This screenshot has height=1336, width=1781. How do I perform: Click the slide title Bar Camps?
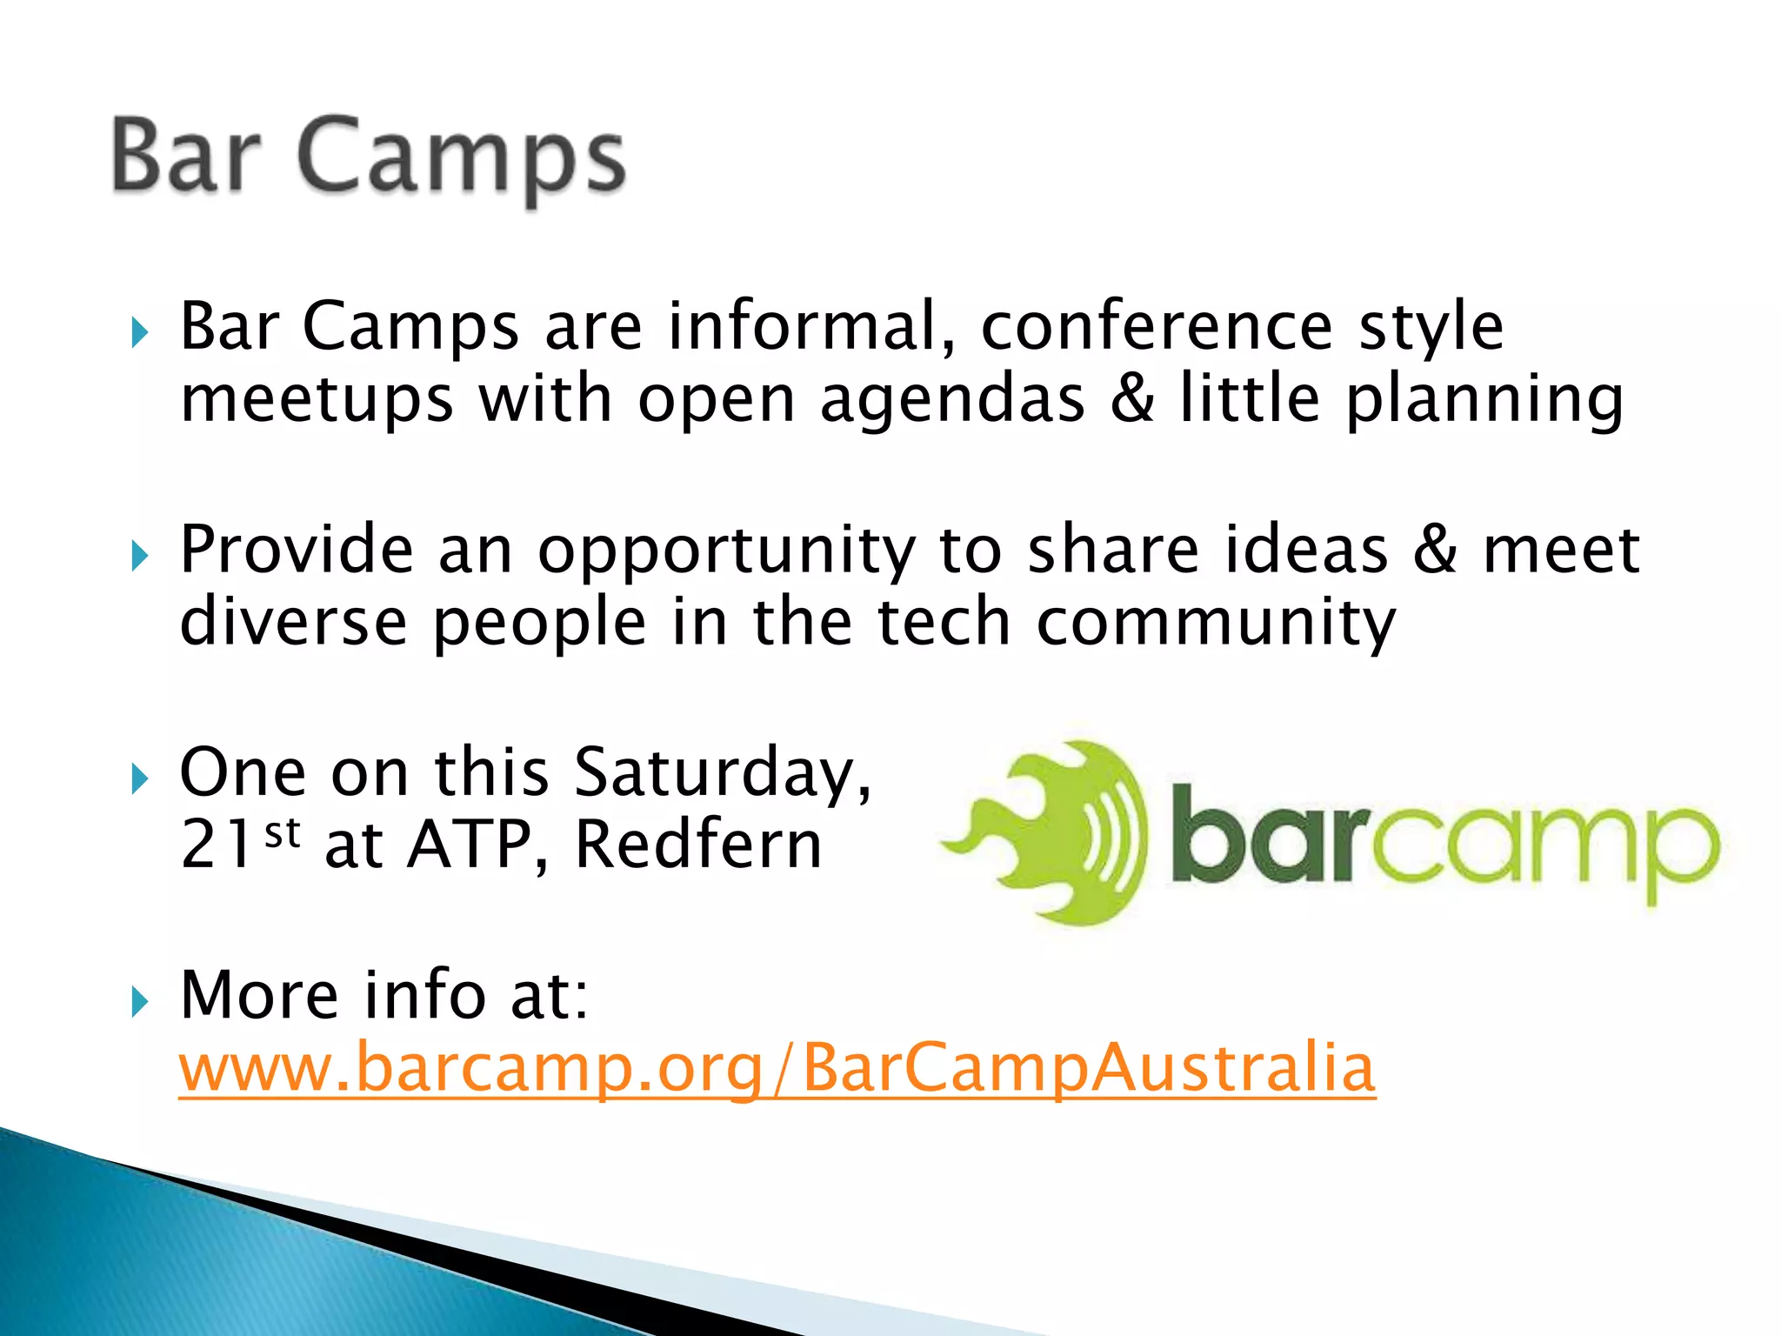[369, 157]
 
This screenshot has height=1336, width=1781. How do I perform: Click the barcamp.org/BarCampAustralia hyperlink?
[777, 1068]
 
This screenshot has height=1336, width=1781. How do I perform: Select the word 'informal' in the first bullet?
[810, 326]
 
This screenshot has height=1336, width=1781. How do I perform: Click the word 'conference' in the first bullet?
[1157, 326]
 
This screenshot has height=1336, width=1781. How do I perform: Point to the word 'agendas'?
[952, 400]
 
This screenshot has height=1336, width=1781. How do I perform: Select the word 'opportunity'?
[726, 552]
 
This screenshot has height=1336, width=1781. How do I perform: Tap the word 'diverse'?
[293, 623]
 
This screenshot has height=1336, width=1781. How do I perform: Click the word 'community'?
[1216, 625]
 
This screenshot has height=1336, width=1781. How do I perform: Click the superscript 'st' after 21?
[283, 832]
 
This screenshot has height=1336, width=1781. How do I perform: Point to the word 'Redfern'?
[698, 845]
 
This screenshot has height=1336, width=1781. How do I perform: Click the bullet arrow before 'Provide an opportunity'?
[139, 555]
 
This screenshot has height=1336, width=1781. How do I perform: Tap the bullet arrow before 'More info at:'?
[139, 1002]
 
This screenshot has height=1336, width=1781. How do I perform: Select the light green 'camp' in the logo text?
[1544, 848]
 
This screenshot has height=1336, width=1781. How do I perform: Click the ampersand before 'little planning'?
[1133, 399]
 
